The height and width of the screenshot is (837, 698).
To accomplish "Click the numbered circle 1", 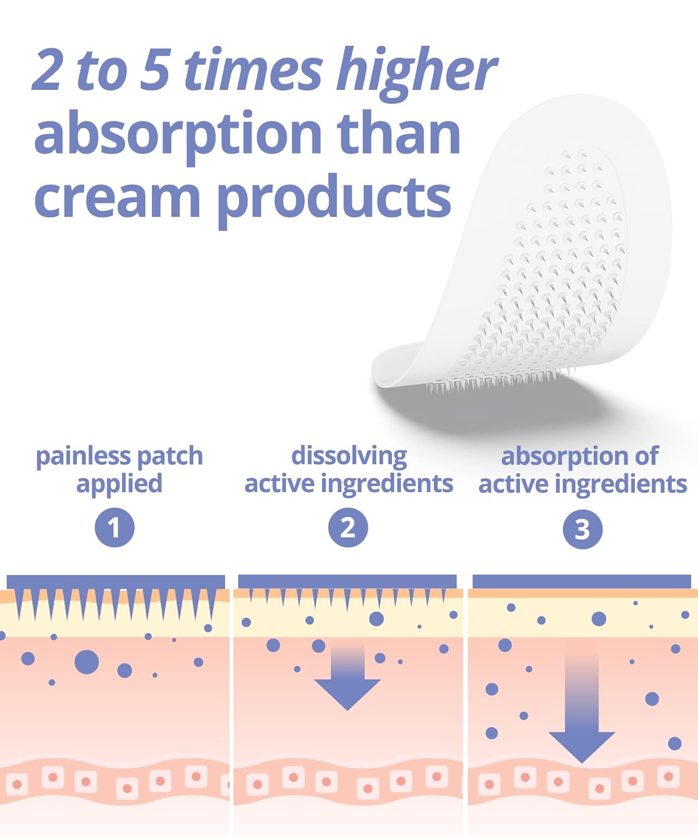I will click(x=114, y=528).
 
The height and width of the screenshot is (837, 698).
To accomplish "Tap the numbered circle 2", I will click(x=348, y=528).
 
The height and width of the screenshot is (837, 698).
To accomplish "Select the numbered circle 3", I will click(x=582, y=529).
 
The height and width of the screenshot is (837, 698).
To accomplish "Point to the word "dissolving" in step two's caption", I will click(x=349, y=457).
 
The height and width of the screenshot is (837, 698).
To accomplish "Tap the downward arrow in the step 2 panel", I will click(x=347, y=681).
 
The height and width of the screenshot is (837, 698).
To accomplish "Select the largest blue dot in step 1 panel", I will click(x=87, y=662).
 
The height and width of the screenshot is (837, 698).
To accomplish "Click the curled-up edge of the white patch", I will click(x=391, y=368).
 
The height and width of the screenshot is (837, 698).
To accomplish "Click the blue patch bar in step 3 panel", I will click(x=581, y=581).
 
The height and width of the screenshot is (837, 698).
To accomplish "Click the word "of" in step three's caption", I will click(x=647, y=457).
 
